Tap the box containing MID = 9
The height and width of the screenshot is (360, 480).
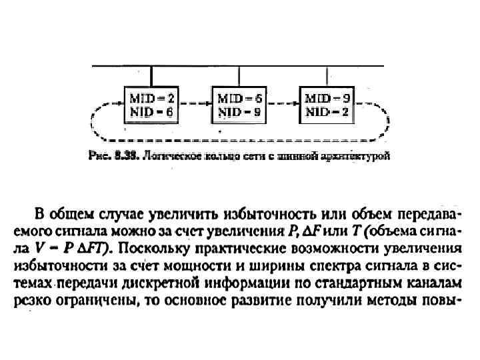pos(327,105)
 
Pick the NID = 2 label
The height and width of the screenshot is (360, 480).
pos(327,112)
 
